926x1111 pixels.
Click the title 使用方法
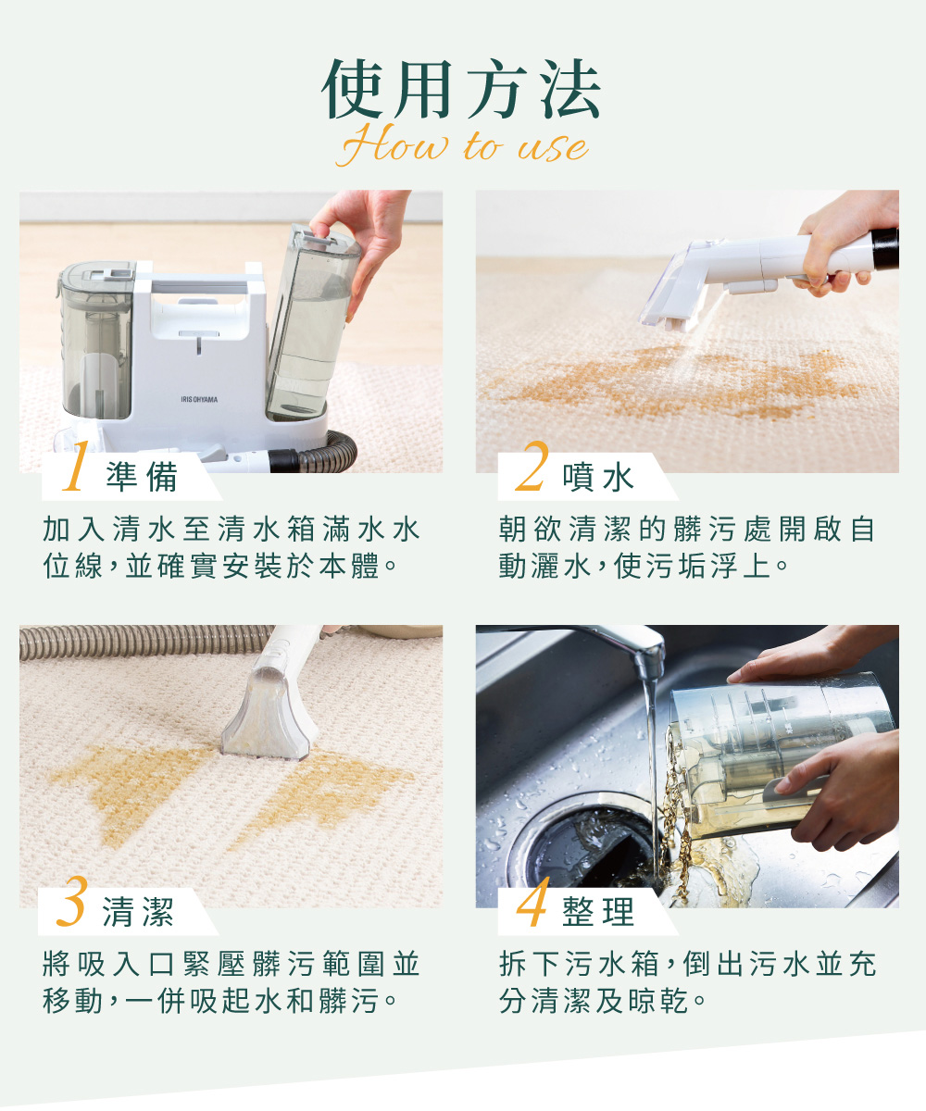click(462, 91)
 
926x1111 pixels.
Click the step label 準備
click(142, 478)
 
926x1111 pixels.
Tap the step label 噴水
click(599, 478)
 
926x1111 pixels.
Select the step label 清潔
click(138, 914)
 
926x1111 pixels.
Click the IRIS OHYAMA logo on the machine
click(199, 399)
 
